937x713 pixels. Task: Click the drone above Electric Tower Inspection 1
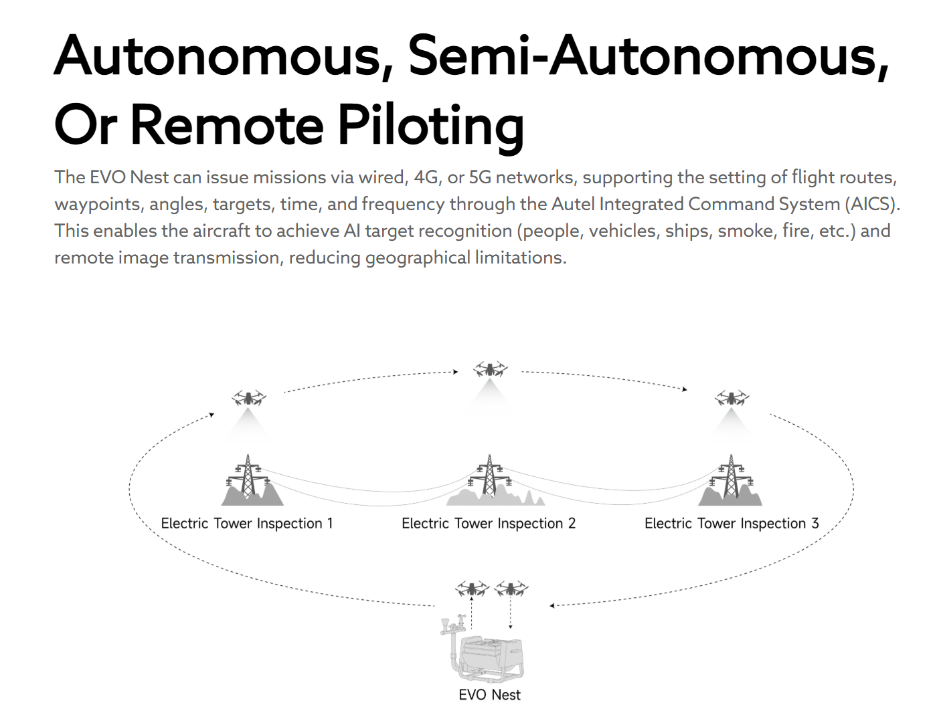click(x=249, y=399)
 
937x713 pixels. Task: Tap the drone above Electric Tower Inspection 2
click(x=490, y=369)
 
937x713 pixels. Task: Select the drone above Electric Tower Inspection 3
click(x=732, y=399)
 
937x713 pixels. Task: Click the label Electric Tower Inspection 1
click(x=247, y=524)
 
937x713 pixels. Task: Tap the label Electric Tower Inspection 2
click(x=489, y=524)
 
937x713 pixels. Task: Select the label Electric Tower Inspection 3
click(x=732, y=524)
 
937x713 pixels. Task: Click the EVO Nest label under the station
click(x=489, y=695)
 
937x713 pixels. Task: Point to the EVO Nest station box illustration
click(x=492, y=659)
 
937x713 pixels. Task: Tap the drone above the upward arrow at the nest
click(x=473, y=589)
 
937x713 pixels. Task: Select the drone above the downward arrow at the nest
click(x=511, y=589)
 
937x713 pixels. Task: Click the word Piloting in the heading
click(x=430, y=126)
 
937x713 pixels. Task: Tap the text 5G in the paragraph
click(x=480, y=177)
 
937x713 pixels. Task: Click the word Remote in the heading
click(x=229, y=126)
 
